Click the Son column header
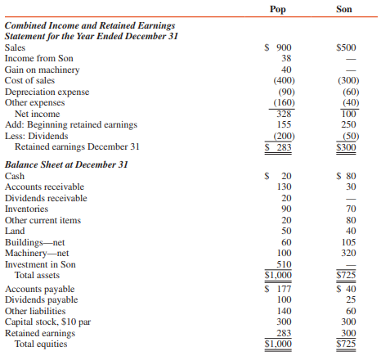[x=345, y=10]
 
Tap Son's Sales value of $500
[x=346, y=48]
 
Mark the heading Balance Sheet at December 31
[x=58, y=164]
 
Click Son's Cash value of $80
[x=347, y=176]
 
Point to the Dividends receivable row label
[x=45, y=198]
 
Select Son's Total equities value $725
[x=347, y=344]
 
